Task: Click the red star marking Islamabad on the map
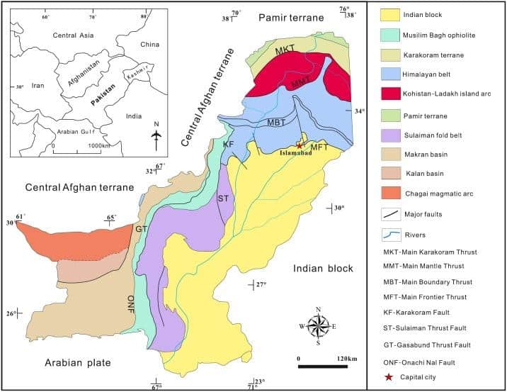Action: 300,145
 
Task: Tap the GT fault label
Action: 141,230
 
